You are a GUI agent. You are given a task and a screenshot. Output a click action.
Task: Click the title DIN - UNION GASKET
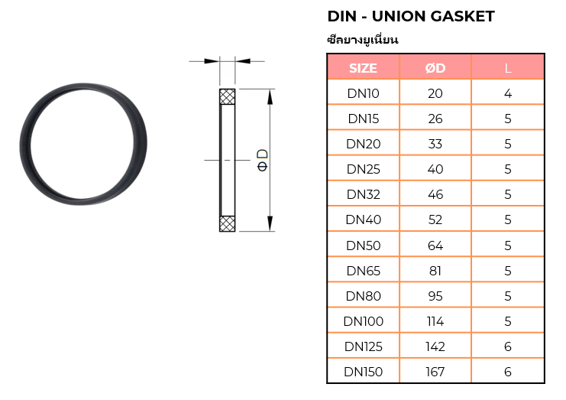[x=410, y=16]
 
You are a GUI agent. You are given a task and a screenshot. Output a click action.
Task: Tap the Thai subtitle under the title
[x=363, y=39]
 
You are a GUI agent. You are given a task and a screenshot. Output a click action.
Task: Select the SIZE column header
[x=363, y=68]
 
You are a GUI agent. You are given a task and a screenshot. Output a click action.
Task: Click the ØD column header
[x=435, y=68]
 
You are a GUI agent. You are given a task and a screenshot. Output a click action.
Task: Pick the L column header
[x=508, y=68]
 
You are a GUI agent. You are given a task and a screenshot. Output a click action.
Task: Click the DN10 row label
[x=363, y=93]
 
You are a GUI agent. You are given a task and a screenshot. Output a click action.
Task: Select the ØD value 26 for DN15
[x=435, y=119]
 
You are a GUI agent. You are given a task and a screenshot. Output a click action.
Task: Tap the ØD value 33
[x=435, y=144]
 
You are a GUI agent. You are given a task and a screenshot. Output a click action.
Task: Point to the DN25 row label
[x=363, y=169]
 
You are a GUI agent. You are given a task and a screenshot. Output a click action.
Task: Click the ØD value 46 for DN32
[x=435, y=194]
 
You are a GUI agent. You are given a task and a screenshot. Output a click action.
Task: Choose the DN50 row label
[x=363, y=246]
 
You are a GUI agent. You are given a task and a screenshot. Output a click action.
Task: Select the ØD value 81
[x=435, y=271]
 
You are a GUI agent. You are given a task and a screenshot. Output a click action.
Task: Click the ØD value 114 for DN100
[x=435, y=321]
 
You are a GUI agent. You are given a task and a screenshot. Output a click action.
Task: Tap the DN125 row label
[x=363, y=346]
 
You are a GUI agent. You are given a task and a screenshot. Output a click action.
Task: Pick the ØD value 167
[x=435, y=372]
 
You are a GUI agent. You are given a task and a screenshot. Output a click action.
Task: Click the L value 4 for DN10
[x=508, y=93]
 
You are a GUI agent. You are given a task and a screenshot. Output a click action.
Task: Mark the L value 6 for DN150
[x=508, y=372]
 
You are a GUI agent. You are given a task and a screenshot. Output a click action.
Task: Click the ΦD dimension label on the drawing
[x=262, y=159]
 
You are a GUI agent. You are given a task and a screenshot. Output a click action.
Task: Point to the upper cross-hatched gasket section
[x=227, y=97]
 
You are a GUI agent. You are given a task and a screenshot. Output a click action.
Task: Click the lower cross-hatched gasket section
[x=227, y=223]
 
